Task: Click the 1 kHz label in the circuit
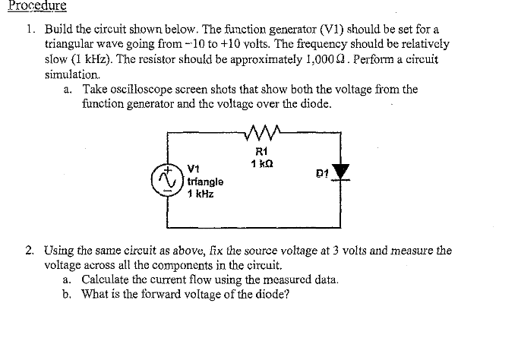pos(201,194)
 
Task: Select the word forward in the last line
pos(169,294)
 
